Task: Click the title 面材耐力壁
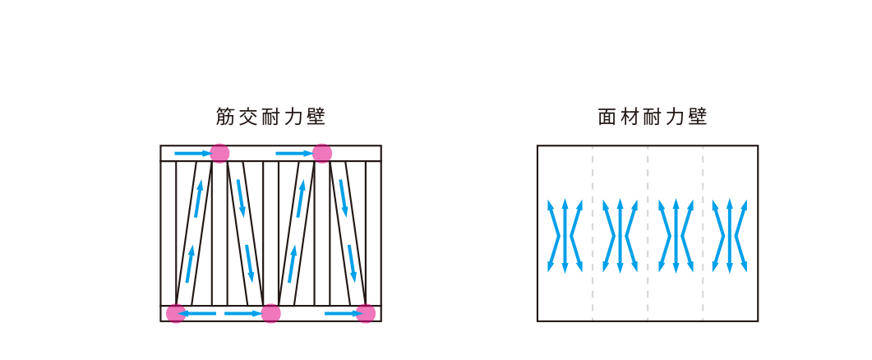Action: pyautogui.click(x=653, y=118)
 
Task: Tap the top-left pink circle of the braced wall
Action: pyautogui.click(x=219, y=153)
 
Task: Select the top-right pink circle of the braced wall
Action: pyautogui.click(x=322, y=153)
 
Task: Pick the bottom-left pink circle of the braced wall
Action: pyautogui.click(x=176, y=313)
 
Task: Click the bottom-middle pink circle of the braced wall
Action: pyautogui.click(x=271, y=313)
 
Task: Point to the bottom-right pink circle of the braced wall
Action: pyautogui.click(x=366, y=313)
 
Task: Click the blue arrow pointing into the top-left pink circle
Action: pyautogui.click(x=191, y=153)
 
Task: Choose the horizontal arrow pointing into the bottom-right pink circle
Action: pyautogui.click(x=342, y=313)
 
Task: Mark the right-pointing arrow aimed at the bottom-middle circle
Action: pyautogui.click(x=242, y=313)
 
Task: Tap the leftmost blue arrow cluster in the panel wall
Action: pyautogui.click(x=565, y=235)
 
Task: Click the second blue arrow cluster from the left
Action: pyautogui.click(x=620, y=235)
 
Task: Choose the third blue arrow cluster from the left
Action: pyautogui.click(x=675, y=235)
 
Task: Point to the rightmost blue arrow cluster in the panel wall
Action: pyautogui.click(x=730, y=235)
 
